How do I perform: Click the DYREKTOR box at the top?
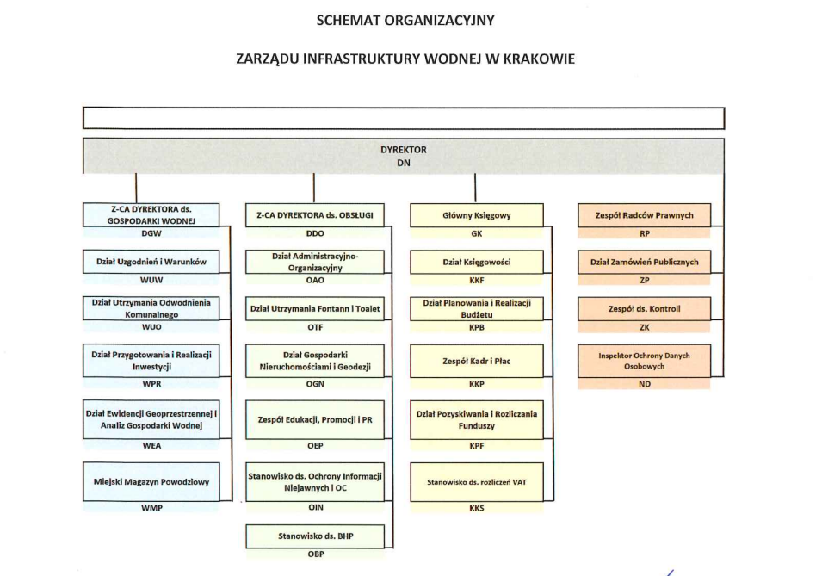coord(403,156)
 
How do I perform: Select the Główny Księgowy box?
coord(476,216)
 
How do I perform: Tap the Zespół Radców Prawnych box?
coord(644,216)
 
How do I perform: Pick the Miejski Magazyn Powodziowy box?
coord(151,482)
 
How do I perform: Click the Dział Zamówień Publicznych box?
coord(644,262)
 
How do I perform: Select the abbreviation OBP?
coord(315,554)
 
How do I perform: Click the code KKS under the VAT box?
coord(476,508)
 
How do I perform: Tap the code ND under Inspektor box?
coord(644,384)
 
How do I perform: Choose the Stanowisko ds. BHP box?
coord(315,536)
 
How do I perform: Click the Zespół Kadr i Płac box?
coord(476,362)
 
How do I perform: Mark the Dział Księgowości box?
coord(476,262)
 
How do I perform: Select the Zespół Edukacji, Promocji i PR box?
coord(315,419)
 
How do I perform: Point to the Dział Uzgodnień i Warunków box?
coord(151,262)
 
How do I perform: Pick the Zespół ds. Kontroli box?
coord(644,308)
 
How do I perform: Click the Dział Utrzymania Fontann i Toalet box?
coord(315,308)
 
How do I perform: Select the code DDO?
coord(315,233)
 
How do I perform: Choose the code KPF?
coord(476,446)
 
